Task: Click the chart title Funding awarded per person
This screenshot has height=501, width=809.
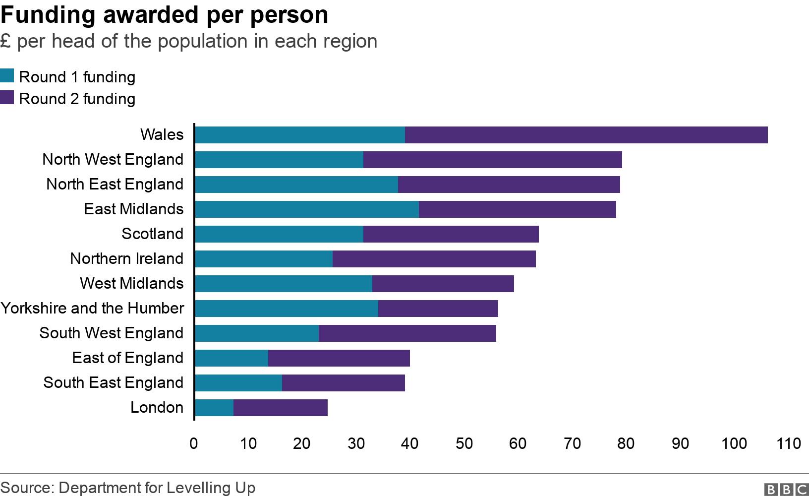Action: (x=164, y=14)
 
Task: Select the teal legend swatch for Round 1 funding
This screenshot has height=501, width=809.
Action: (x=7, y=76)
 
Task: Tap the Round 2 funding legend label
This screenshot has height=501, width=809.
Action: (x=77, y=99)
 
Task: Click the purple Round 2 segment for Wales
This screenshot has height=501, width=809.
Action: (x=586, y=135)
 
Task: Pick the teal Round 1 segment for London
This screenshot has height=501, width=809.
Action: (x=214, y=408)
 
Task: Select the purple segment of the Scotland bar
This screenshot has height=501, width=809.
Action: (x=451, y=234)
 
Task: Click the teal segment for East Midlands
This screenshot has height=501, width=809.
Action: (x=306, y=209)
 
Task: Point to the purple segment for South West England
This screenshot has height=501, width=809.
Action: (x=407, y=333)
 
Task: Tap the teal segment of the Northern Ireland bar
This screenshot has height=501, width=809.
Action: (x=263, y=259)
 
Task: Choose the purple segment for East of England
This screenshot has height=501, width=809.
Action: (x=339, y=358)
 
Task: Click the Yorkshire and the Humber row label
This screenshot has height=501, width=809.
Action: (x=92, y=308)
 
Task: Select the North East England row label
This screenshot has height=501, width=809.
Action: (x=115, y=184)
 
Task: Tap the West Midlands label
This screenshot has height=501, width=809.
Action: (x=131, y=283)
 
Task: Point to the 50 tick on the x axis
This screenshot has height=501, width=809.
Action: (x=464, y=443)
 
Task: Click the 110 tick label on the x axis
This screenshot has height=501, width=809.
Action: (x=788, y=443)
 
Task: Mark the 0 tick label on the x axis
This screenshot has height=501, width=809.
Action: (x=194, y=443)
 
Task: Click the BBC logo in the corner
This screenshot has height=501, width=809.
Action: (x=786, y=490)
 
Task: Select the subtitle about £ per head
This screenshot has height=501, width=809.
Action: (x=188, y=41)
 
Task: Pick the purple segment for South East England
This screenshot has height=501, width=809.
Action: (x=343, y=383)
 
